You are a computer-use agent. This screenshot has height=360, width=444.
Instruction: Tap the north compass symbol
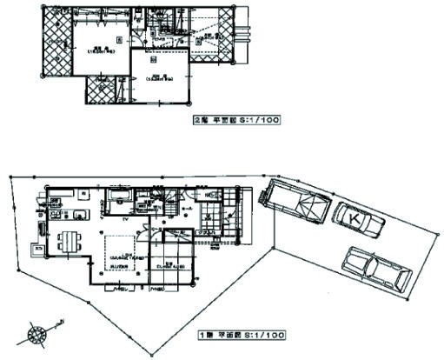[x=37, y=331]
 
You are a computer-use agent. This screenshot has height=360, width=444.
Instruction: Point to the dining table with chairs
[x=66, y=241]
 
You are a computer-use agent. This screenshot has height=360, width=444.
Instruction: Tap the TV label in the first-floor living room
[x=127, y=220]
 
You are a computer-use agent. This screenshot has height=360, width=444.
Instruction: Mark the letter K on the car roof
[x=356, y=219]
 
